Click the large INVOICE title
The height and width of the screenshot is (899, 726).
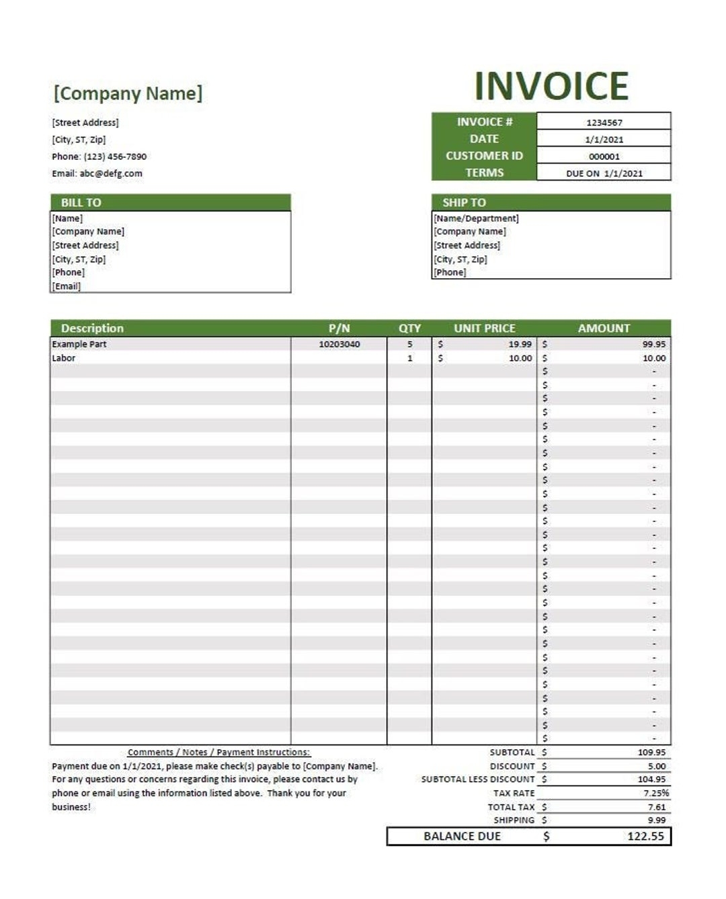click(x=551, y=86)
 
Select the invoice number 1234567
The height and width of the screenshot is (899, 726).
click(x=604, y=122)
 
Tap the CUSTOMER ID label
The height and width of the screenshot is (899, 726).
click(x=484, y=156)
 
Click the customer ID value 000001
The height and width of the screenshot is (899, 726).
click(x=604, y=157)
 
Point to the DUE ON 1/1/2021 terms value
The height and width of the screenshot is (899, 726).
click(x=604, y=173)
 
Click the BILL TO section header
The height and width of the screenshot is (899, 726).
click(x=81, y=202)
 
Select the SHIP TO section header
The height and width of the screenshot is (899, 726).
click(x=464, y=202)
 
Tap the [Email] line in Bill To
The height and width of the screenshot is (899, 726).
click(x=67, y=286)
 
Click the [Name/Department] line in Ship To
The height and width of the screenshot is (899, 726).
click(x=476, y=218)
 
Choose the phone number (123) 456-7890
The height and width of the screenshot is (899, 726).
click(x=115, y=157)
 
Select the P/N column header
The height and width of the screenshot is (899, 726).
click(x=339, y=328)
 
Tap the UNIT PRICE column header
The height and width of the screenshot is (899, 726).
click(x=484, y=328)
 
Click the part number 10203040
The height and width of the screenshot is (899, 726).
click(x=339, y=344)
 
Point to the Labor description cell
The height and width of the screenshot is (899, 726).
click(x=64, y=358)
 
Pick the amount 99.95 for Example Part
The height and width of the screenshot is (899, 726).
click(x=653, y=344)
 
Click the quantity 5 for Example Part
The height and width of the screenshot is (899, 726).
click(x=409, y=344)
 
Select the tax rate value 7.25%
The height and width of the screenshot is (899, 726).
click(x=655, y=793)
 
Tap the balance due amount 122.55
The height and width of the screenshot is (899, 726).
click(x=645, y=837)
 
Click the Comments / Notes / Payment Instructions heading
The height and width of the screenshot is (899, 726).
click(x=218, y=753)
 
